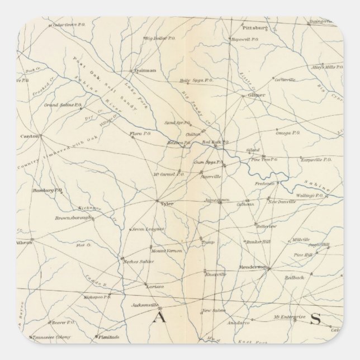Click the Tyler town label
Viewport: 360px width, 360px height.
(x=167, y=204)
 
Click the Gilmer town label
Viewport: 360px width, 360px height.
(x=256, y=95)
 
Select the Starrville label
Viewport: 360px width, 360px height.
(x=211, y=176)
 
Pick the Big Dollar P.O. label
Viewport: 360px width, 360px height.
(x=158, y=38)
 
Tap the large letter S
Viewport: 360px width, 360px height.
(x=315, y=319)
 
